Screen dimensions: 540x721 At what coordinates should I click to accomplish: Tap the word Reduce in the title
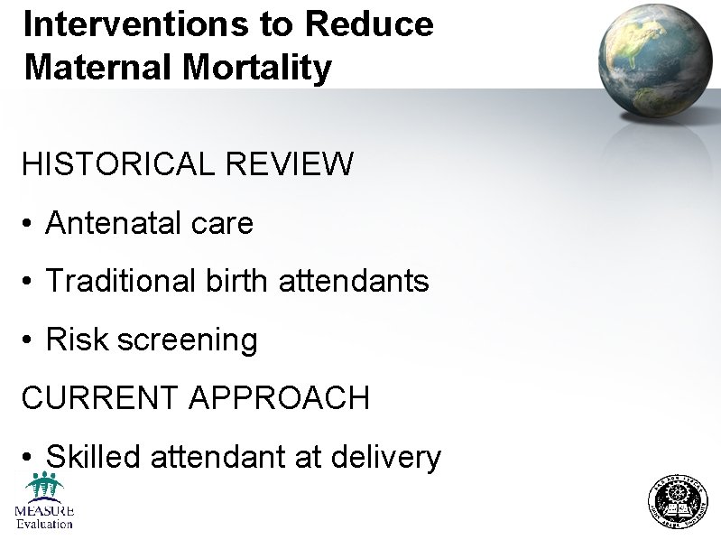(370, 23)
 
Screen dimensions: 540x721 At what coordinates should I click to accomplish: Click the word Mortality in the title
(270, 67)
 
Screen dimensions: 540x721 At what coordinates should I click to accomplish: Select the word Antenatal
(113, 223)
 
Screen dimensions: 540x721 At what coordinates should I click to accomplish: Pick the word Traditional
(117, 281)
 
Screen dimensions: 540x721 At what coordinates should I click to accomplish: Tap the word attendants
(355, 281)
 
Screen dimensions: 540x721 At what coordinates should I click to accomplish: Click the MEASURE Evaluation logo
(43, 501)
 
